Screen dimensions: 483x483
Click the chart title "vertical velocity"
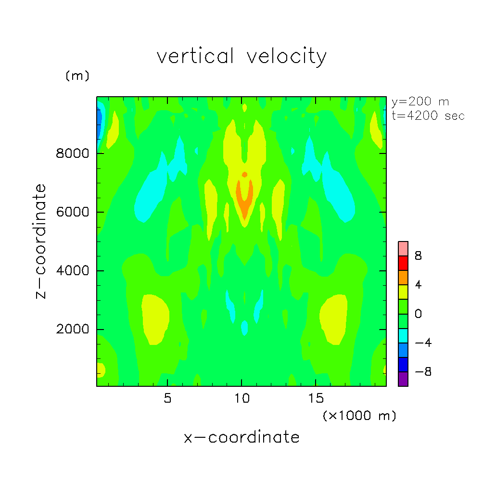(x=241, y=56)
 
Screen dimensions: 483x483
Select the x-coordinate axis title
(x=241, y=437)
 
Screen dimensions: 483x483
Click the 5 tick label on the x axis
(x=167, y=399)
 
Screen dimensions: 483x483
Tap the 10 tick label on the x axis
(x=241, y=399)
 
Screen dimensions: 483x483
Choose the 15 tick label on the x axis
(x=316, y=399)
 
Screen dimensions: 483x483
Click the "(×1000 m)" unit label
(x=359, y=416)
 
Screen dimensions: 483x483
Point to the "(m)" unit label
(x=77, y=76)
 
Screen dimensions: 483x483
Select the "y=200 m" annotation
(x=420, y=102)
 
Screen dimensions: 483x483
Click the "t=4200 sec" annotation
(x=428, y=116)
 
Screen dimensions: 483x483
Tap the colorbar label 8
(x=418, y=256)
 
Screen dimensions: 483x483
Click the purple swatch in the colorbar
(x=403, y=379)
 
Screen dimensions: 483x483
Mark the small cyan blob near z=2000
(x=244, y=328)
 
